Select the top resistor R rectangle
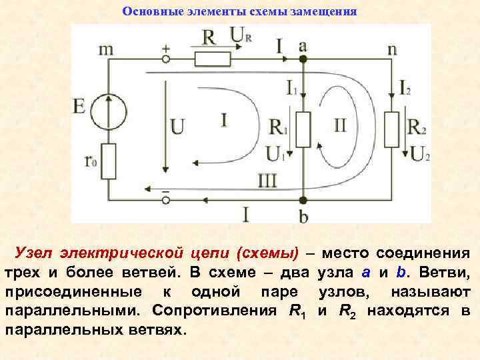pyautogui.click(x=212, y=59)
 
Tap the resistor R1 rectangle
pyautogui.click(x=303, y=129)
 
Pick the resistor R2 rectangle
pyautogui.click(x=391, y=129)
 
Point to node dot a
pyautogui.click(x=303, y=59)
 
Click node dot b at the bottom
pyautogui.click(x=303, y=199)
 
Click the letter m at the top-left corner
pyautogui.click(x=106, y=49)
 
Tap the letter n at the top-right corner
pyautogui.click(x=391, y=48)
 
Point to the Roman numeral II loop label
pyautogui.click(x=340, y=125)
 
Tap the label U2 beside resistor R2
pyautogui.click(x=420, y=154)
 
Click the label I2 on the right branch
pyautogui.click(x=405, y=85)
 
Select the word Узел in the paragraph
pyautogui.click(x=34, y=254)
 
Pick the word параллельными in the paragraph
pyautogui.click(x=73, y=311)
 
